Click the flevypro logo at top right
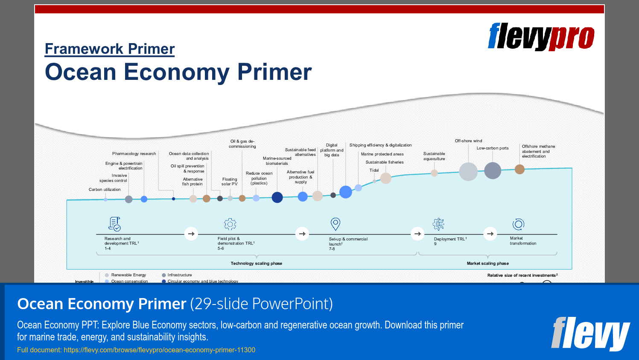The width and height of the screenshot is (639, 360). click(541, 37)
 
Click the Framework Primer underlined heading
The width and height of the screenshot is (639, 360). click(110, 49)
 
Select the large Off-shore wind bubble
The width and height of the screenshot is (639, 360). click(468, 172)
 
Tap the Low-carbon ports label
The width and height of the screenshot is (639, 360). click(493, 148)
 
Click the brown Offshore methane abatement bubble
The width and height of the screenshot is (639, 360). click(519, 170)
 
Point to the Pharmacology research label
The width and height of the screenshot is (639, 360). click(134, 154)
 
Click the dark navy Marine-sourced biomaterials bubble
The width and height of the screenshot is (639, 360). click(277, 197)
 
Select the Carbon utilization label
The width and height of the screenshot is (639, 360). click(105, 190)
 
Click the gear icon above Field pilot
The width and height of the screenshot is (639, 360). click(230, 224)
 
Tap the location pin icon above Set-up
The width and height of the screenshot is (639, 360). click(336, 224)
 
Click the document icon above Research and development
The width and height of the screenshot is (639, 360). click(114, 224)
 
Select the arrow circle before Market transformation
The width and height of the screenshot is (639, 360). click(490, 234)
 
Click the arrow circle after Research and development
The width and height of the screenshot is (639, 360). click(191, 234)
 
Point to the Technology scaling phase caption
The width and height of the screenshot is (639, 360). click(256, 263)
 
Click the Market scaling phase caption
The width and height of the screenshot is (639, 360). click(487, 263)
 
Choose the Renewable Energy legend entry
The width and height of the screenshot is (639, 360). click(128, 275)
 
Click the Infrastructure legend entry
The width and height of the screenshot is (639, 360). click(179, 275)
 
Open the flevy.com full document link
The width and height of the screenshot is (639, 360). click(159, 350)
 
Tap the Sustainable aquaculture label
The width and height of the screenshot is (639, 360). click(434, 156)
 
